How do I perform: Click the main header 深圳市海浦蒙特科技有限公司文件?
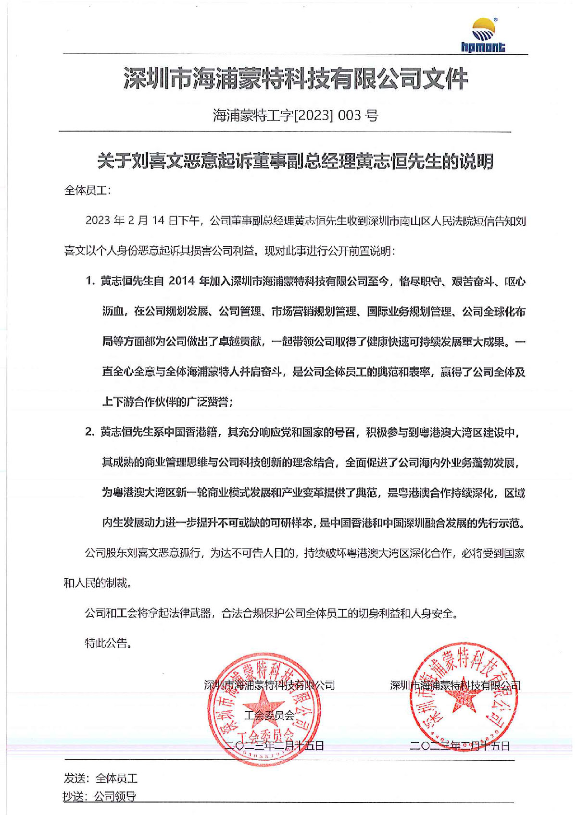[x=295, y=79]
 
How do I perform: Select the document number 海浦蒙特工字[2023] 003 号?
[x=295, y=115]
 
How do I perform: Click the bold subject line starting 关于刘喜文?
[x=295, y=161]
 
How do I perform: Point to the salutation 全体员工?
[x=88, y=190]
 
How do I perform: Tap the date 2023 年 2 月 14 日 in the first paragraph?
[x=142, y=220]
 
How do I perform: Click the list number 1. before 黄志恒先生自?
[x=90, y=281]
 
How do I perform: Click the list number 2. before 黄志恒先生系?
[x=90, y=432]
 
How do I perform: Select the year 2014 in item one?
[x=182, y=281]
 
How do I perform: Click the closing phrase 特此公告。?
[x=108, y=643]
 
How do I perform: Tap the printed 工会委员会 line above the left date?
[x=269, y=715]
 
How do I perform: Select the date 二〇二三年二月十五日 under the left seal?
[x=275, y=745]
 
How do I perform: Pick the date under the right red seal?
[x=460, y=745]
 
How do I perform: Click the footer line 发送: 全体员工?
[x=100, y=778]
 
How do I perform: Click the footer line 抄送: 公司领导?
[x=100, y=796]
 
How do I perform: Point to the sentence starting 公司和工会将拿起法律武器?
[x=271, y=613]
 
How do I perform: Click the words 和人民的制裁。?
[x=98, y=583]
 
